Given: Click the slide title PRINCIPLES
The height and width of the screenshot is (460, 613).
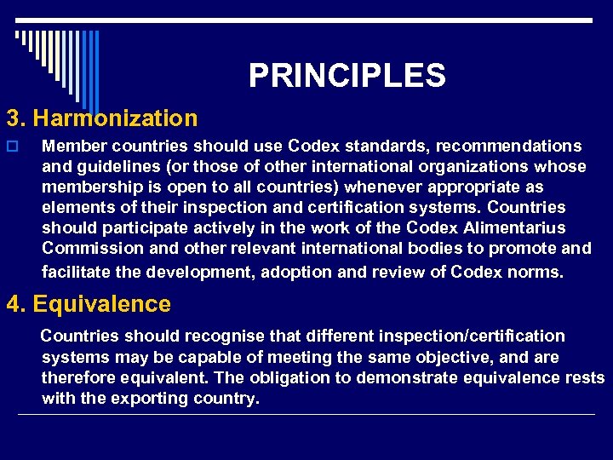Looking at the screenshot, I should click(x=347, y=76).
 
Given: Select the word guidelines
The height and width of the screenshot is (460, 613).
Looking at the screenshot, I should click(x=119, y=167).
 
